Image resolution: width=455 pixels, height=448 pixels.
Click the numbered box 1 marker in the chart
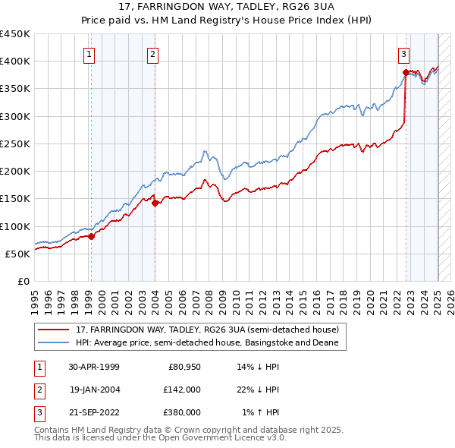[90, 54]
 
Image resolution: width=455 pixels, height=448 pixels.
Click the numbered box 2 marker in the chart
[152, 54]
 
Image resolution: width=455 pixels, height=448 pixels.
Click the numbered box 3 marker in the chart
[404, 54]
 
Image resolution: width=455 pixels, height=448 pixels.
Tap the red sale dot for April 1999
[91, 236]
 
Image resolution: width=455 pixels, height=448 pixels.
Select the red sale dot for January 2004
[154, 203]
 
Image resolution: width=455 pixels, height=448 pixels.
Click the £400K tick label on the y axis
[14, 62]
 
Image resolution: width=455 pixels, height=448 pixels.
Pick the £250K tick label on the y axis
[14, 144]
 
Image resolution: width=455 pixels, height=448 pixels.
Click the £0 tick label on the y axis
[24, 281]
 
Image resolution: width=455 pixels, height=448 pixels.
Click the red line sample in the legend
[54, 330]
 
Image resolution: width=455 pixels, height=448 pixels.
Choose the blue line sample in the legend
[54, 343]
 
